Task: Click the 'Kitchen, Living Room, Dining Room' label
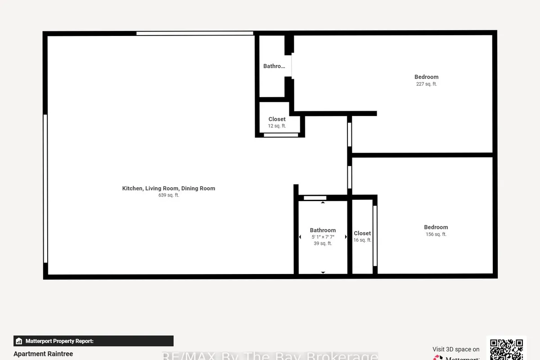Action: pyautogui.click(x=169, y=188)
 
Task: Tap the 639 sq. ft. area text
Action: pyautogui.click(x=169, y=195)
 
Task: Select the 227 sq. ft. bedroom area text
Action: pyautogui.click(x=426, y=84)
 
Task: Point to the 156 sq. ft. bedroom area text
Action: pyautogui.click(x=436, y=234)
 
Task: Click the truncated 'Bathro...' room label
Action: pyautogui.click(x=274, y=66)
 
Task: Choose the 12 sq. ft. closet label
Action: pyautogui.click(x=277, y=123)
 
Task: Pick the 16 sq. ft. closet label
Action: pyautogui.click(x=362, y=237)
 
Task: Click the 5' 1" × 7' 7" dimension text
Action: pyautogui.click(x=323, y=237)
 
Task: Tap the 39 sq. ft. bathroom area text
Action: pyautogui.click(x=323, y=243)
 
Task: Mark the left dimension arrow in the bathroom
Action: pyautogui.click(x=300, y=237)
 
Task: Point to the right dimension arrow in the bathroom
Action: pyautogui.click(x=346, y=237)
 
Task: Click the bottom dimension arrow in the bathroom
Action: pyautogui.click(x=323, y=272)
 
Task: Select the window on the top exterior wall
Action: pyautogui.click(x=194, y=33)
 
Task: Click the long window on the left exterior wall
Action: pyautogui.click(x=45, y=188)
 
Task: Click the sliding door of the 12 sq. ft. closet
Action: pyautogui.click(x=281, y=135)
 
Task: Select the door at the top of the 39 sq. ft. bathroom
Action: pyautogui.click(x=315, y=198)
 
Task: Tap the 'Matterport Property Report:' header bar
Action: pyautogui.click(x=93, y=341)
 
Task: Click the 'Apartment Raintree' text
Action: pyautogui.click(x=43, y=354)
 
